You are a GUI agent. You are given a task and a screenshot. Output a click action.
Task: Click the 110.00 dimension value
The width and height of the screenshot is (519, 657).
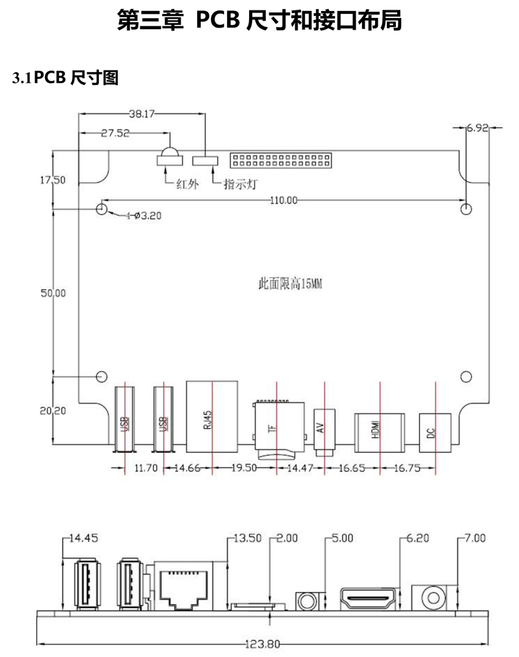[284, 200]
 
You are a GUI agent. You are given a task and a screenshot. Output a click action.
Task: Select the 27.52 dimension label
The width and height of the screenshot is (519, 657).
[116, 133]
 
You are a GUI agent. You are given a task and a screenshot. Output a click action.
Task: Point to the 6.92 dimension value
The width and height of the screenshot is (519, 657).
[478, 127]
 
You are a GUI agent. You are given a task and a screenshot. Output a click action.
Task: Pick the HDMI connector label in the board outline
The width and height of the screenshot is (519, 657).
[376, 430]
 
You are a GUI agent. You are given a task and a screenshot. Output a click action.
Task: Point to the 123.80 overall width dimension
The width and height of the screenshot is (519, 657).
[264, 645]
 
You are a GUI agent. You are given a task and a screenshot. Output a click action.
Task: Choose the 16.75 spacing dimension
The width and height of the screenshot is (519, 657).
[408, 468]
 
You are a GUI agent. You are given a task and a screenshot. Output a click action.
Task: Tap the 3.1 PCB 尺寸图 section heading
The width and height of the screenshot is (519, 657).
[66, 78]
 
